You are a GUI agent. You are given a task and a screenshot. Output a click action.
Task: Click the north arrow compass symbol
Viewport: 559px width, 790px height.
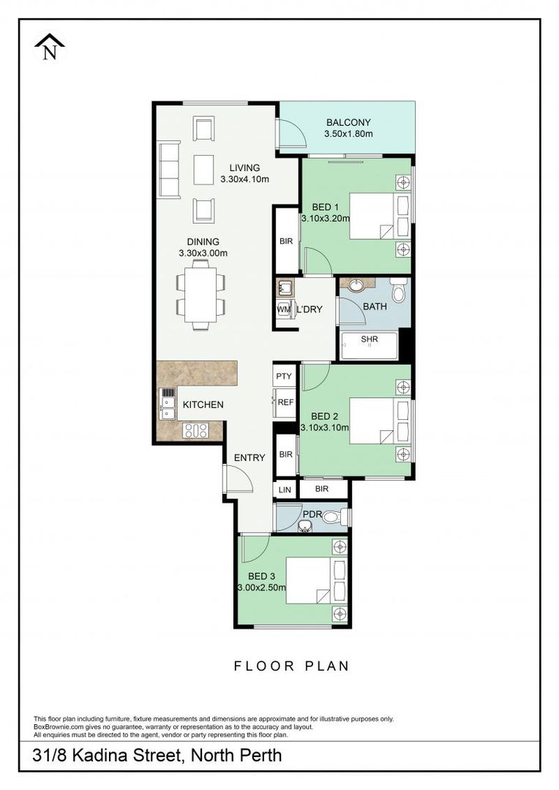pos(49,48)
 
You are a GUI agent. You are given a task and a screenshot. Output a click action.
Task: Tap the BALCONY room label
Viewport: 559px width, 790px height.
pos(348,123)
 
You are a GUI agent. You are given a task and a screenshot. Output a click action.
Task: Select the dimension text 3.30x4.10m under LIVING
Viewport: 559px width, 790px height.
pos(244,179)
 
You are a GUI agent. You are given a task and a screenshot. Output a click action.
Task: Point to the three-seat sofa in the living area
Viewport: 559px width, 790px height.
pos(169,170)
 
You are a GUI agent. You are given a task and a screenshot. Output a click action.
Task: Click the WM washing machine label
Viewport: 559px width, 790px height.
pos(283,309)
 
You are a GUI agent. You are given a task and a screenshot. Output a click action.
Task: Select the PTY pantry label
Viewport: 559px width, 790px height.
pos(284,376)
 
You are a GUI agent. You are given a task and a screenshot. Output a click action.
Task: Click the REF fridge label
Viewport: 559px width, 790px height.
pos(285,402)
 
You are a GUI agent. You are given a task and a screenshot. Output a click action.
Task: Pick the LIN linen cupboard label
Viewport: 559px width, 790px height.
pos(285,489)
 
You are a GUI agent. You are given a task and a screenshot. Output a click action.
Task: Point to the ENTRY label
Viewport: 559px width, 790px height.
pos(249,458)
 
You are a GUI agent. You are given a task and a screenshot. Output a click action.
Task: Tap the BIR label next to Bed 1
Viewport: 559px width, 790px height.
pos(285,240)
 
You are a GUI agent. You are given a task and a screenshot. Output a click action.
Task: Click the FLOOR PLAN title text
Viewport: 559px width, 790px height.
pos(291,666)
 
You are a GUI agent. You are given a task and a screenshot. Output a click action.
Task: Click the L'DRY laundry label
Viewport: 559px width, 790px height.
pos(309,309)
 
